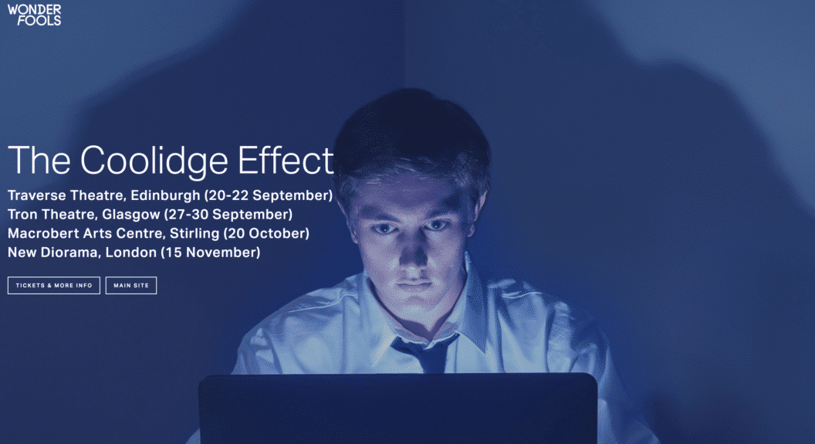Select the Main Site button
[131, 286]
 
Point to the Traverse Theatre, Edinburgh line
[170, 195]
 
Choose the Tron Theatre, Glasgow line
[150, 214]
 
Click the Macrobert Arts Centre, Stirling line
[158, 233]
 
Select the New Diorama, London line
[134, 253]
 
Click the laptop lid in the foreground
[397, 409]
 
